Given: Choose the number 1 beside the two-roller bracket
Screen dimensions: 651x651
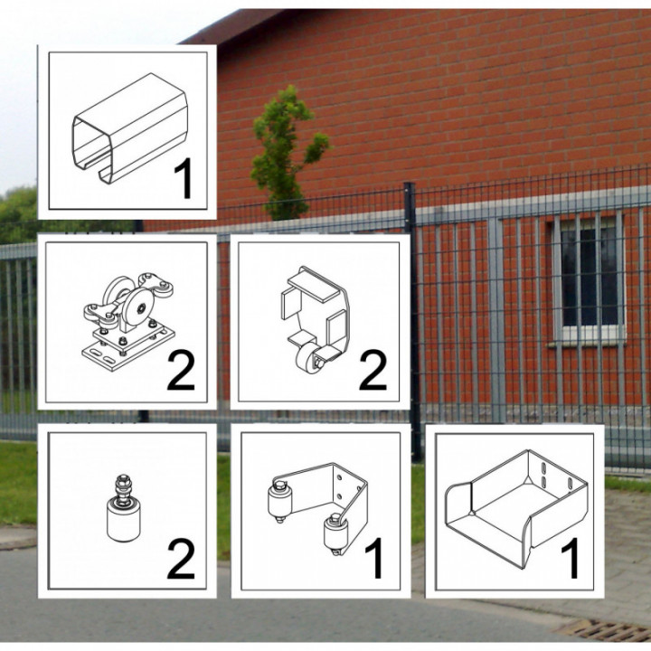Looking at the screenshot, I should [x=373, y=558].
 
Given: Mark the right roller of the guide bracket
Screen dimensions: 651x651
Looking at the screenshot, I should [x=335, y=534].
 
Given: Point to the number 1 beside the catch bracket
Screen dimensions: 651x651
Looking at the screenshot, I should [x=571, y=558].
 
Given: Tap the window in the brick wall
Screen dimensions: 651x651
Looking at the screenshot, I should [x=588, y=276].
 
